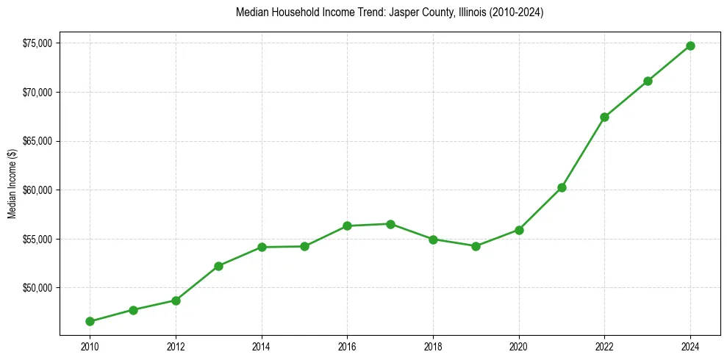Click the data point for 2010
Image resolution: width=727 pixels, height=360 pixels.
coord(90,321)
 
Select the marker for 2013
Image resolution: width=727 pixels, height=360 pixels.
coord(218,266)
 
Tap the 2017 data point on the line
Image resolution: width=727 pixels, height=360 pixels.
coord(390,224)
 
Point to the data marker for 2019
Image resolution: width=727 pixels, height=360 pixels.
coord(476,246)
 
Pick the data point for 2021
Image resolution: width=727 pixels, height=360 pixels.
coord(562,187)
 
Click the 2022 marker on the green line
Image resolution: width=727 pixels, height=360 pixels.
coord(604,117)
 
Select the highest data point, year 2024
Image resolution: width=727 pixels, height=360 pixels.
coord(690,46)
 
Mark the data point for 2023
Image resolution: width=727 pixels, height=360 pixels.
coord(648,81)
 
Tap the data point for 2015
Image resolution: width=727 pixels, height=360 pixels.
coord(304,246)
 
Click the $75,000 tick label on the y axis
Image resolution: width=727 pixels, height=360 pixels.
coord(37,43)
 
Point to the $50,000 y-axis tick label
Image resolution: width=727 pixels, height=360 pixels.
coord(37,288)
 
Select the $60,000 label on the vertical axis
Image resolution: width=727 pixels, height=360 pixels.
coord(37,190)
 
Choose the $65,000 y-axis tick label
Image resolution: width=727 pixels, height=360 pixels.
coord(37,141)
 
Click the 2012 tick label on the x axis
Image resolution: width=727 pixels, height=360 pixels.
coord(176,345)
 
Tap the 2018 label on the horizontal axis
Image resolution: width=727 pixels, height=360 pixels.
coord(433,345)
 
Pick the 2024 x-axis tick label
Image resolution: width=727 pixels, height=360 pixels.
coord(690,345)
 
